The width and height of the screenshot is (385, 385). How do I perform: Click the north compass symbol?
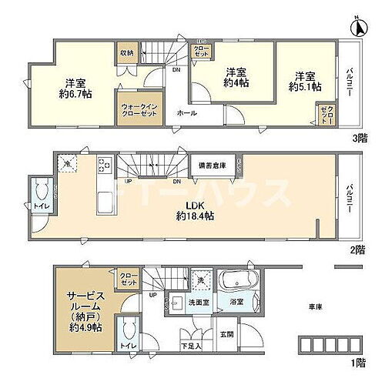tap(358, 28)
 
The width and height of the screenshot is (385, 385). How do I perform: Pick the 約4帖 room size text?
tap(236, 85)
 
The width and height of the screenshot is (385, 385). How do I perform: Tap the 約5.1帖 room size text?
tap(304, 88)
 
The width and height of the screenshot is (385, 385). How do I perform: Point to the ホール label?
tap(186, 113)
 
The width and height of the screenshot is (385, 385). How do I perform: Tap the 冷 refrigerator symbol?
tap(67, 164)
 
